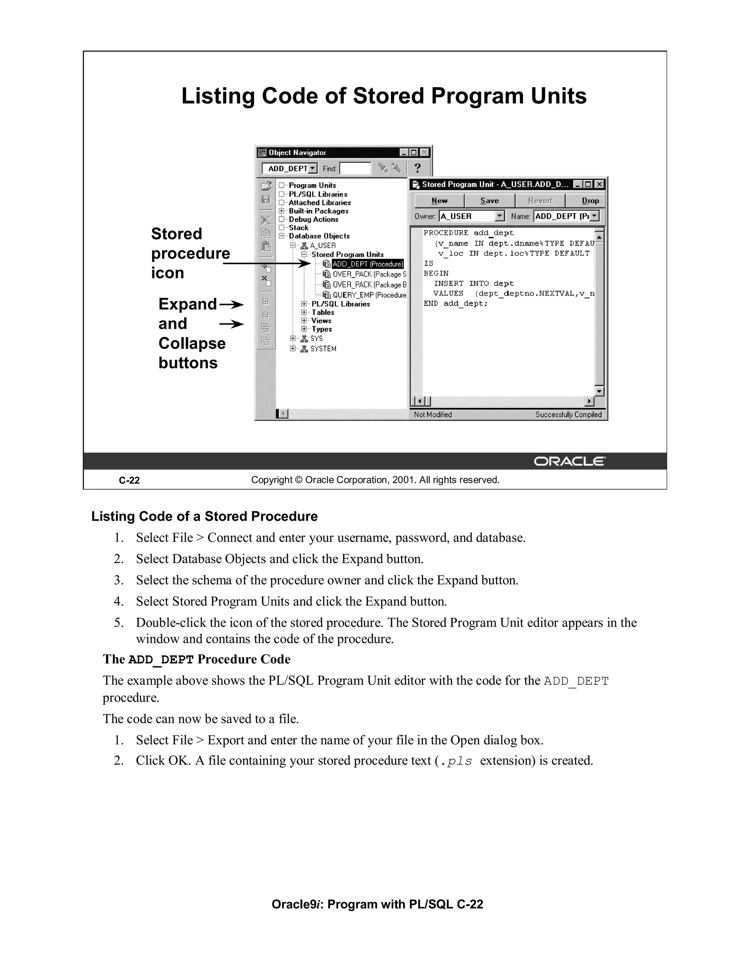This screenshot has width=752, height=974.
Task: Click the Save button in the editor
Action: (x=489, y=201)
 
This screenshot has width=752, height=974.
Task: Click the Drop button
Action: (x=590, y=201)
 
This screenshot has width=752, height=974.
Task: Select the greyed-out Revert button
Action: (x=539, y=201)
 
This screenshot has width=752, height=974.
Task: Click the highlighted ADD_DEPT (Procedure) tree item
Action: (x=368, y=264)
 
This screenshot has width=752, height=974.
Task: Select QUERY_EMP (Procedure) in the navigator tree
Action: (x=369, y=295)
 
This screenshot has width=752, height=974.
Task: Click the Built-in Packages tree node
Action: (x=318, y=211)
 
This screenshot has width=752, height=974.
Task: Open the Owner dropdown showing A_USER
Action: (x=500, y=216)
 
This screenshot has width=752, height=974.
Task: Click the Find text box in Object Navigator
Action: (x=355, y=169)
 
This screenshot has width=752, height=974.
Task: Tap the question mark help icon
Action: (x=417, y=168)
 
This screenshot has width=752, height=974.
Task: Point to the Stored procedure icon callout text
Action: (x=190, y=253)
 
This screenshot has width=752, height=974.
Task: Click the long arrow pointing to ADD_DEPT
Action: (x=267, y=264)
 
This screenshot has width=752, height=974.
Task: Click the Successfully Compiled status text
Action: (x=568, y=414)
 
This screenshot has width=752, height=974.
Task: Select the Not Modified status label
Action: (x=433, y=414)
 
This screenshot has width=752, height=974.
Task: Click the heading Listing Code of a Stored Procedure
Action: (x=204, y=516)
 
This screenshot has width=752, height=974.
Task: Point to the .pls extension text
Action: (x=456, y=761)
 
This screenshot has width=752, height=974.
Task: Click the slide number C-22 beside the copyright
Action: (x=129, y=480)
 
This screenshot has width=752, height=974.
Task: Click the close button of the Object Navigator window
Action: (x=424, y=153)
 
